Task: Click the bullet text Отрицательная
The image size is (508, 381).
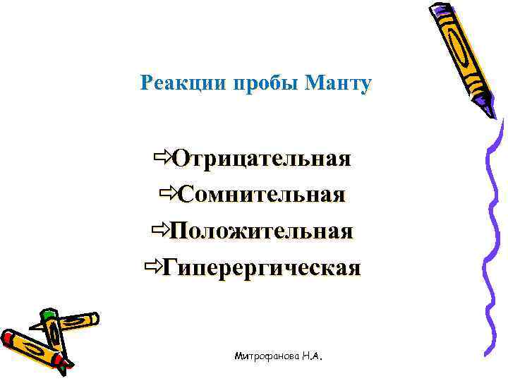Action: (262, 157)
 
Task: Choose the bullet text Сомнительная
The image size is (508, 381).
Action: (262, 194)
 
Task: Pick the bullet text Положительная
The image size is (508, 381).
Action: (261, 231)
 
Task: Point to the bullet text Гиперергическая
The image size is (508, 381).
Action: (262, 267)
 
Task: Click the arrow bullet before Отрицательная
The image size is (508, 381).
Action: (162, 155)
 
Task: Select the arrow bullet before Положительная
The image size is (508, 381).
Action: (159, 229)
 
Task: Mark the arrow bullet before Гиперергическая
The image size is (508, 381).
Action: (152, 266)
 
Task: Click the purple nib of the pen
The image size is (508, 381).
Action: (489, 106)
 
